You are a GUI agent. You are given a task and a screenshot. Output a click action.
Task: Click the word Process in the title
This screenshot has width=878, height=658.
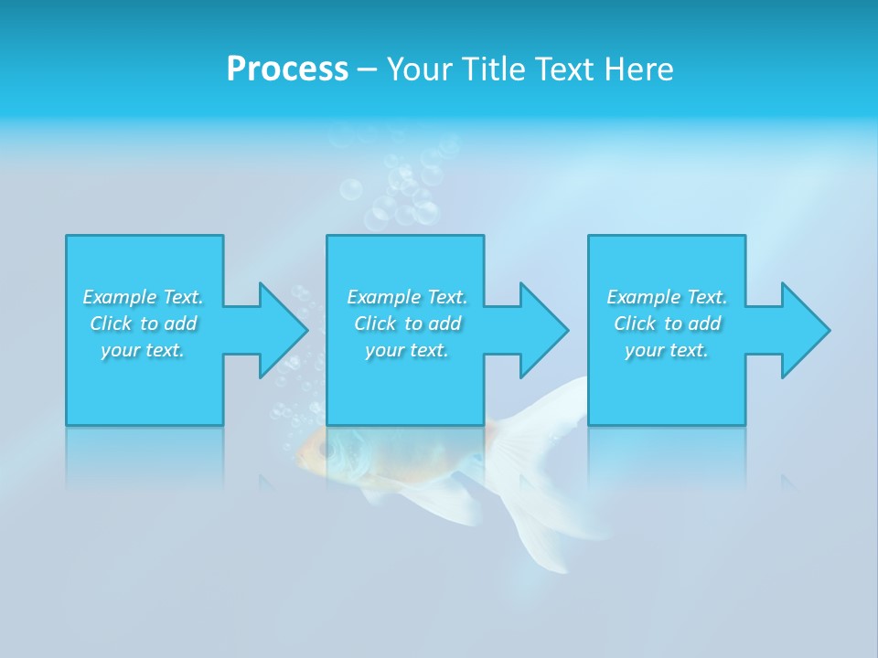pyautogui.click(x=287, y=69)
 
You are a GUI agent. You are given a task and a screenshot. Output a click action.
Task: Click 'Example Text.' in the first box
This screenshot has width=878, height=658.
pyautogui.click(x=143, y=297)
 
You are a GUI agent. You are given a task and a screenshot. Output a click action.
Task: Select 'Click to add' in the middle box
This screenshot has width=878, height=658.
pyautogui.click(x=407, y=324)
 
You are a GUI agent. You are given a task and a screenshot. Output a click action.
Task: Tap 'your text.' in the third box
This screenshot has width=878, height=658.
pyautogui.click(x=667, y=350)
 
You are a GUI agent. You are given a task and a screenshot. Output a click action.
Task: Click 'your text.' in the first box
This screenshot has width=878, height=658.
pyautogui.click(x=143, y=350)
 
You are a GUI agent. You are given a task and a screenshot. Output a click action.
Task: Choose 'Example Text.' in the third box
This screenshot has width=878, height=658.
pyautogui.click(x=667, y=297)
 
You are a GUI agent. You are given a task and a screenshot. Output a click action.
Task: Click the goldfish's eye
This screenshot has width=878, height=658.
pyautogui.click(x=323, y=450)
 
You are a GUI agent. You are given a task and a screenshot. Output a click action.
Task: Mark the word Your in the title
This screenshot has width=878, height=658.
pyautogui.click(x=418, y=69)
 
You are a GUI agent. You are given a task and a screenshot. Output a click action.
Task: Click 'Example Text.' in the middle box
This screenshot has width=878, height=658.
pyautogui.click(x=407, y=297)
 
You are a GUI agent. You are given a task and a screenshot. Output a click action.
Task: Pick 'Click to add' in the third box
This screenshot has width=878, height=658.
pyautogui.click(x=667, y=324)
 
